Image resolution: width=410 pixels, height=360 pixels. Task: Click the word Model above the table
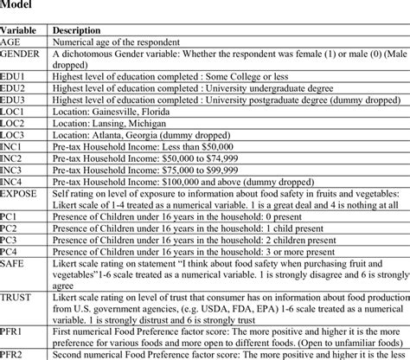(x=20, y=7)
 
